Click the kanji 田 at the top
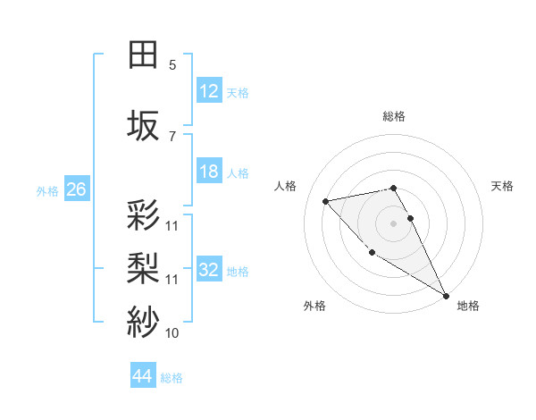point(144,55)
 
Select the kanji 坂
point(144,125)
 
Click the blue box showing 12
point(208,91)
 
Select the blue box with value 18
point(208,172)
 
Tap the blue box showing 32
point(208,270)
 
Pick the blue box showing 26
point(77,189)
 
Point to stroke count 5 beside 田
point(172,65)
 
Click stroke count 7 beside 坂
point(172,136)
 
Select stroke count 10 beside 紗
point(172,333)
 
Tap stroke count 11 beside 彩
point(172,225)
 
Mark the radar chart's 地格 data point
point(446,296)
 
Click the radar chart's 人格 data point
point(326,201)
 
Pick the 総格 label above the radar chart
point(394,116)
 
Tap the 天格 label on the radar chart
point(502,186)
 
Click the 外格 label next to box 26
point(47,190)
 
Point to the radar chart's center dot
point(394,223)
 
